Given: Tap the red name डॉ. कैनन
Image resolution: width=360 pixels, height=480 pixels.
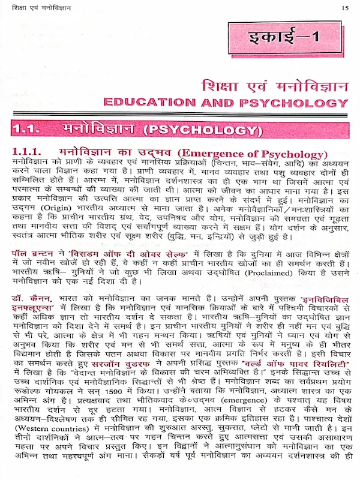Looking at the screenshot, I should click(x=31, y=298).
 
